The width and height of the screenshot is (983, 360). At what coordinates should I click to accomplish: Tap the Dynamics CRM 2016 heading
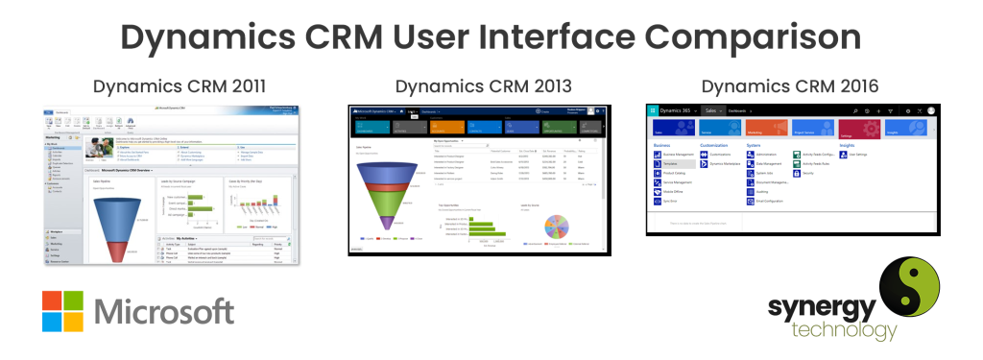coord(789,86)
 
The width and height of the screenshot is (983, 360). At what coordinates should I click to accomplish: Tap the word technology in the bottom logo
coord(830,330)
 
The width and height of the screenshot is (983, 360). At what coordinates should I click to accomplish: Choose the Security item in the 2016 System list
coord(808,174)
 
